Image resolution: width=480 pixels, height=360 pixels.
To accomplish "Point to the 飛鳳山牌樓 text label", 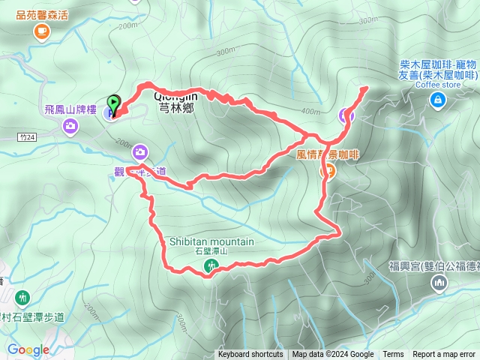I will [x=70, y=109].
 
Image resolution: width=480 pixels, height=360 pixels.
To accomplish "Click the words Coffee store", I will [x=439, y=84].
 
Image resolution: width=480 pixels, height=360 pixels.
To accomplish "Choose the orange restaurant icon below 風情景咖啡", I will [x=328, y=171].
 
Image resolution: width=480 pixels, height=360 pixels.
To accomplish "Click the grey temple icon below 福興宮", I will [x=439, y=283].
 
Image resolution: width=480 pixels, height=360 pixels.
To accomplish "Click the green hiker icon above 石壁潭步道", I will [x=22, y=297].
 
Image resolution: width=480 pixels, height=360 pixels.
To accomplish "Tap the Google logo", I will [x=28, y=349].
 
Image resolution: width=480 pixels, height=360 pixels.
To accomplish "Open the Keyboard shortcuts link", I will [x=250, y=355].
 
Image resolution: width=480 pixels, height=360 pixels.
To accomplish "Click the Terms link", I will [x=393, y=355].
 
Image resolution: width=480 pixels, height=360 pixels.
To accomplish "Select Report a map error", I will [x=445, y=355].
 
